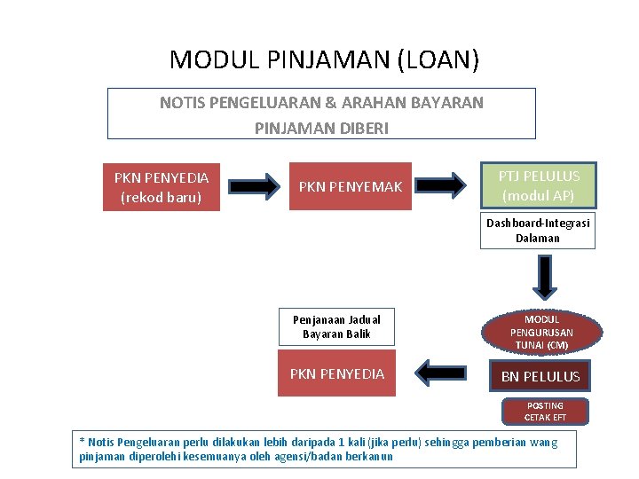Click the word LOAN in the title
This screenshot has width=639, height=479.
(438, 59)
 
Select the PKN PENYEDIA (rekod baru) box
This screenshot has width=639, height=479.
(162, 187)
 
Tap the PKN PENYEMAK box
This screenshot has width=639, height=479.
(351, 187)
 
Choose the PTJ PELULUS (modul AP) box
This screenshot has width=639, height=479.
(538, 185)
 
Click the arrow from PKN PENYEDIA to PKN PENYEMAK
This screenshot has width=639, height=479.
(257, 187)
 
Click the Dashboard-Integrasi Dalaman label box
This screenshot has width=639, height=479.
(538, 230)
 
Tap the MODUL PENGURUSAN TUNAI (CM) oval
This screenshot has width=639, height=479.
(541, 332)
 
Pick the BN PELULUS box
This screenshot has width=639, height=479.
(540, 376)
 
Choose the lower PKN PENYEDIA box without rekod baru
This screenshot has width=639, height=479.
(337, 374)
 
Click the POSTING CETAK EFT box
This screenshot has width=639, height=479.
(545, 411)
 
